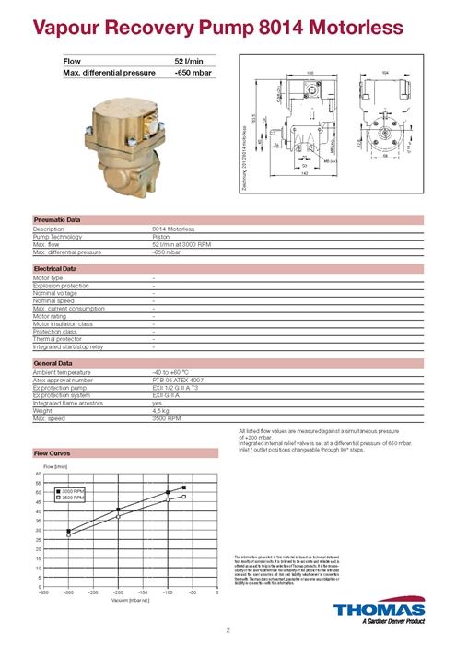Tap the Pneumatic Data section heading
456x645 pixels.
(56, 220)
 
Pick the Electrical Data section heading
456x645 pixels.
(54, 267)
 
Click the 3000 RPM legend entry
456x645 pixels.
(73, 492)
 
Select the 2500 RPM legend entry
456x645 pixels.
(73, 498)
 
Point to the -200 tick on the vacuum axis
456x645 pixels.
(118, 592)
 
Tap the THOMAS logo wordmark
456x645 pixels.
(380, 610)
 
